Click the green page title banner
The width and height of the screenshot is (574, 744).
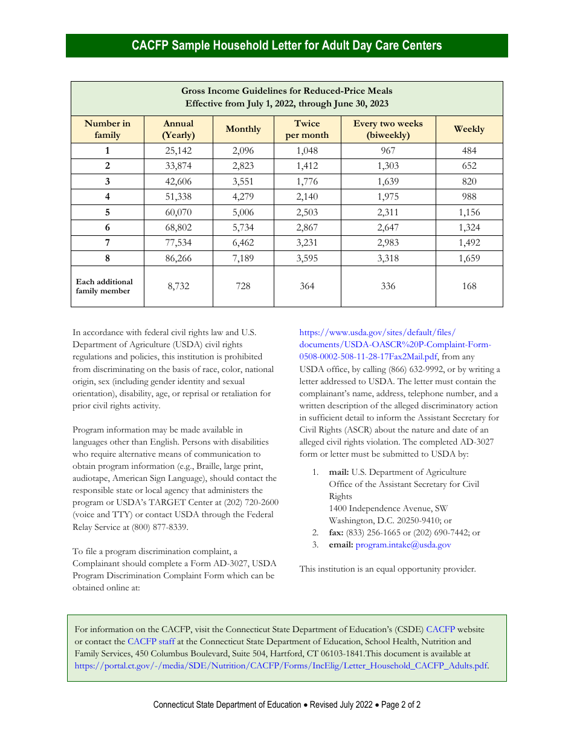click(x=287, y=45)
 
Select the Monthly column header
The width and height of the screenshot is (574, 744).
click(x=243, y=129)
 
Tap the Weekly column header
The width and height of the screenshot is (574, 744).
click(x=469, y=129)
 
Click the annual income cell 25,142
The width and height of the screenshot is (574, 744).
click(x=178, y=151)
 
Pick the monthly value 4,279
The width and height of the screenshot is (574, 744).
click(x=243, y=197)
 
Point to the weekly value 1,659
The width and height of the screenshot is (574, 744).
click(x=469, y=258)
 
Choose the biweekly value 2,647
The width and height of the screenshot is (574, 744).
click(x=388, y=227)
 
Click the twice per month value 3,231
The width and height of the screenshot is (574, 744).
click(x=307, y=243)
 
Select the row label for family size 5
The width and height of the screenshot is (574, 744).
click(x=108, y=212)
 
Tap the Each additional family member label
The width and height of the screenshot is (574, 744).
click(x=104, y=286)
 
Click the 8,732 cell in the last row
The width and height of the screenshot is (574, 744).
click(x=178, y=286)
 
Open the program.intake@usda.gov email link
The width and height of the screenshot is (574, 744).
click(x=403, y=545)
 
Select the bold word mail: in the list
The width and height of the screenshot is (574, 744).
click(x=338, y=472)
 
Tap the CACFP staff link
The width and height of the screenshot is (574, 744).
click(x=151, y=641)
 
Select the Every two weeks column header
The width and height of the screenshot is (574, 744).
click(x=388, y=129)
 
